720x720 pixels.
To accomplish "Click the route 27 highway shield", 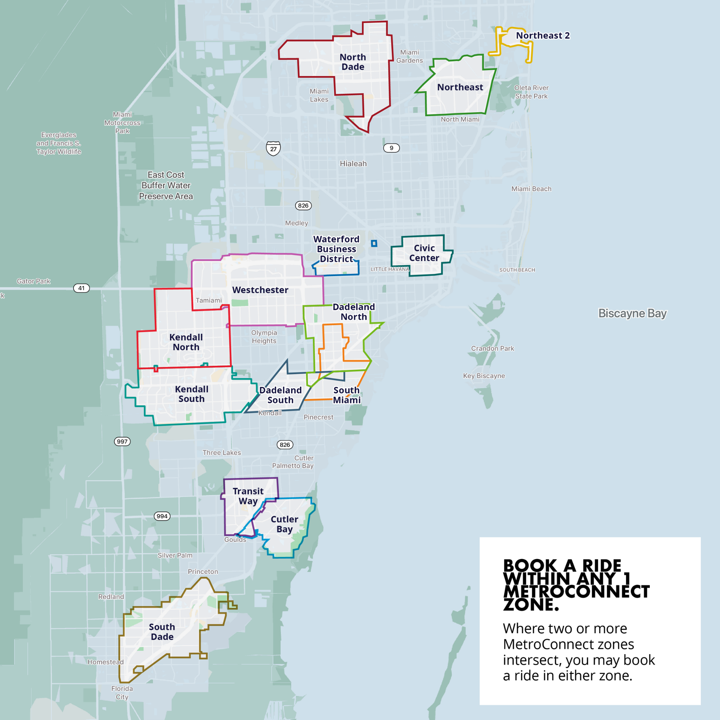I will point(273,148).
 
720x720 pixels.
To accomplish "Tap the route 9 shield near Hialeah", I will point(391,148).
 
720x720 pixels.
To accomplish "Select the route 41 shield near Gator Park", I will point(81,288).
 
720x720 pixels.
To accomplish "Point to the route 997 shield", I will point(122,442).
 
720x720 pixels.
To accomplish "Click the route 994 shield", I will point(162,516).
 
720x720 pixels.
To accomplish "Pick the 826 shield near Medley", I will point(303,206).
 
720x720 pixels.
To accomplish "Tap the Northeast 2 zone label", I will point(543,35).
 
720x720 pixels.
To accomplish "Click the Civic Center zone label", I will point(424,253).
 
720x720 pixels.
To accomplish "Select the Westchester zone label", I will point(260,290).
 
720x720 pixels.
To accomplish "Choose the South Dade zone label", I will point(162,632).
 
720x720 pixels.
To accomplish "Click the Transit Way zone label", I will point(248,496).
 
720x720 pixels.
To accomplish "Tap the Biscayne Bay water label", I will point(633,314).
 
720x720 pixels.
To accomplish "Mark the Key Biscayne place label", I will point(484,375).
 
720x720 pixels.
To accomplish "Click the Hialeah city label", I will point(353,163).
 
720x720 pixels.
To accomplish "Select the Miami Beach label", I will point(531,189).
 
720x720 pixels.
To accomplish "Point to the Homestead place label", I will point(105,662).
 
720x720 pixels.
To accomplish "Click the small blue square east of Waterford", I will point(374,243).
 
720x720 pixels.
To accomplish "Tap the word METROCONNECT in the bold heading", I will point(576,592).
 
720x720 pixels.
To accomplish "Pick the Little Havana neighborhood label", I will point(390,269).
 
